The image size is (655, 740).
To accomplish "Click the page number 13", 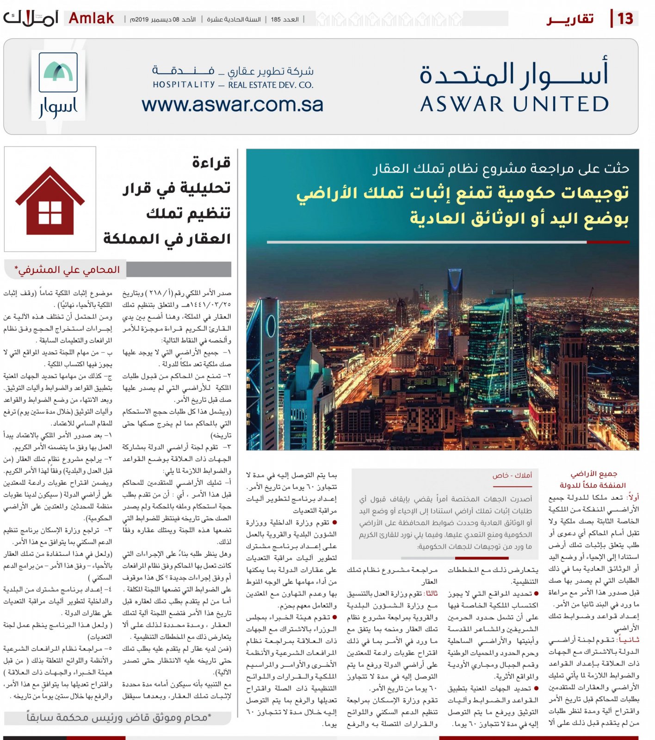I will [625, 18].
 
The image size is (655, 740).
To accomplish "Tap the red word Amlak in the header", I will [91, 18].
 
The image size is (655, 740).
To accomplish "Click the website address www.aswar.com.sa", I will [232, 105].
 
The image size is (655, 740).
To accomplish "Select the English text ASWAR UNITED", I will [514, 104].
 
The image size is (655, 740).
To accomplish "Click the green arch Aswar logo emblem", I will [58, 72].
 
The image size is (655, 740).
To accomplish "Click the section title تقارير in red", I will [570, 19].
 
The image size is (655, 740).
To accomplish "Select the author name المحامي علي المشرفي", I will [68, 270].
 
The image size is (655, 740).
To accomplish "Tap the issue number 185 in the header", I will [276, 19].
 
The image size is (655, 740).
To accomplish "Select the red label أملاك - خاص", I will [512, 475].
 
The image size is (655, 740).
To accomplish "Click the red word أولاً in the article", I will [633, 497].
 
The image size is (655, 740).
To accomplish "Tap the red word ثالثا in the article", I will [432, 593].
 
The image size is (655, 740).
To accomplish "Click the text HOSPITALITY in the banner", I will [184, 85].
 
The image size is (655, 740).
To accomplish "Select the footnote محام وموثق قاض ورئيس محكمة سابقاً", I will [118, 717].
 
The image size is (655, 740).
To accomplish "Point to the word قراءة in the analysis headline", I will [211, 163].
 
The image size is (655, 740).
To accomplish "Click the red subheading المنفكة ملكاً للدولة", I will [593, 485].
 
